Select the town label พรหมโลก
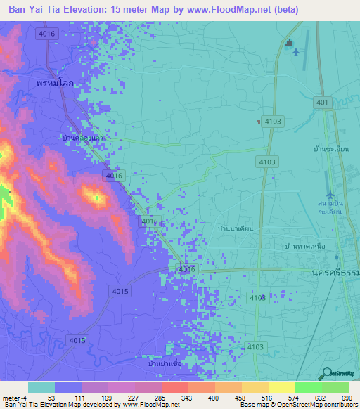(x=56, y=82)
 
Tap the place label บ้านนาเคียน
(x=236, y=229)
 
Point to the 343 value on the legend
(x=187, y=396)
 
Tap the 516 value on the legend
(x=267, y=396)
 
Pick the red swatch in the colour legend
(x=174, y=387)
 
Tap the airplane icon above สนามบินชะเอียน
(x=330, y=195)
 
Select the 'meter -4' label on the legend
(x=14, y=396)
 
